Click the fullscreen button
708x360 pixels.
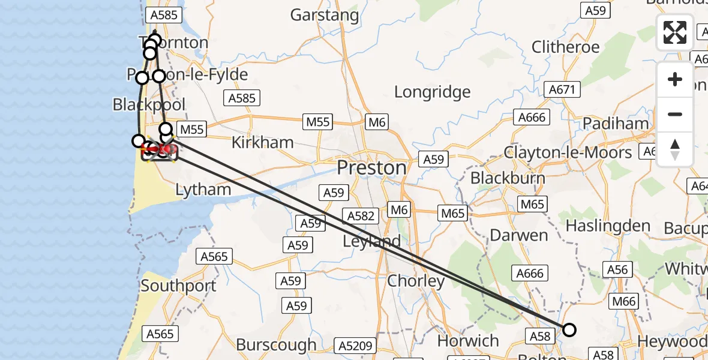point(675,32)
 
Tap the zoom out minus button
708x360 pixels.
point(675,114)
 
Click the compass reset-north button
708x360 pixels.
point(675,149)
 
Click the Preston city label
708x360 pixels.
point(371,167)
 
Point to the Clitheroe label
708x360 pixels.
point(565,47)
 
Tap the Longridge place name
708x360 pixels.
point(432,92)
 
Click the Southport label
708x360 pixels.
point(178,286)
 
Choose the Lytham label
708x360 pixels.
point(203,190)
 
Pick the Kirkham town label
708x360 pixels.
point(263,142)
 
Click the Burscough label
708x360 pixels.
point(276,344)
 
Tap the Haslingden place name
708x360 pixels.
point(608,226)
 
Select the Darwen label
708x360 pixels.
point(519,235)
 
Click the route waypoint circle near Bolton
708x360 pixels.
point(569,329)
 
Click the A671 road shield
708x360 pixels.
point(562,90)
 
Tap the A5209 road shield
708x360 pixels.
point(356,346)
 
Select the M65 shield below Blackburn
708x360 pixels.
point(532,205)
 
